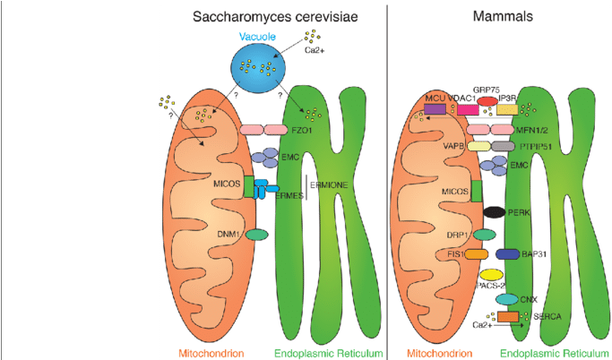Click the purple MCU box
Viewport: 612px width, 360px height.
435,109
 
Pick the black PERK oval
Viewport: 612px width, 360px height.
495,212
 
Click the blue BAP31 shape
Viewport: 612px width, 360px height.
506,254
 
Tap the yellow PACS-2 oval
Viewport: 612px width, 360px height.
492,275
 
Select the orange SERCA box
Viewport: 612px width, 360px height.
508,316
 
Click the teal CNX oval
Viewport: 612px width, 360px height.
507,298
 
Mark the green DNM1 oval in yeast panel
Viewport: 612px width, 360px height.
257,234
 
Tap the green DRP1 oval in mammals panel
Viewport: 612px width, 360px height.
485,234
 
